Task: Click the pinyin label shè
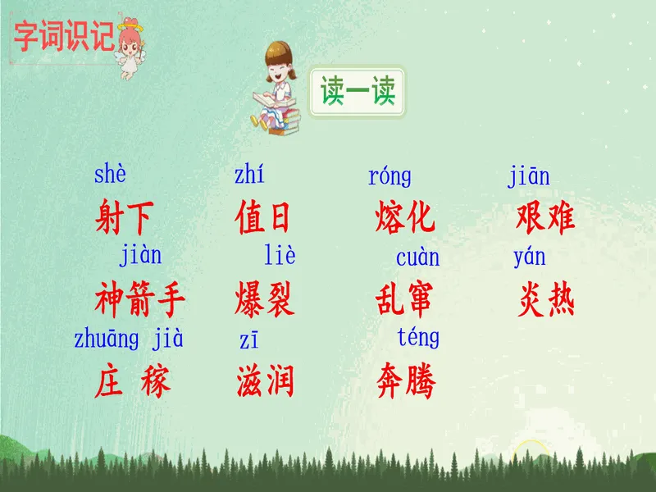[x=110, y=174]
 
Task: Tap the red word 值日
[x=262, y=216]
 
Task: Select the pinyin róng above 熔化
[x=389, y=176]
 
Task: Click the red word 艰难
[x=545, y=216]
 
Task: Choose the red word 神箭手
[x=139, y=298]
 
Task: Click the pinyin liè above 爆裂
[x=280, y=254]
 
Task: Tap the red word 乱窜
[x=403, y=298]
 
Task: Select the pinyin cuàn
[x=417, y=257]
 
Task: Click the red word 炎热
[x=546, y=298]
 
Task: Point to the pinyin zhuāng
[x=107, y=339]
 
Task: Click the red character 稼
[x=155, y=380]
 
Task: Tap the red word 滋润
[x=265, y=380]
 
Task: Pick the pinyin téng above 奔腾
[x=418, y=337]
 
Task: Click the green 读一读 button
[x=357, y=92]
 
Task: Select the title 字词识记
[x=64, y=37]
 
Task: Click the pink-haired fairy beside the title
[x=130, y=48]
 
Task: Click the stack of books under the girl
[x=285, y=121]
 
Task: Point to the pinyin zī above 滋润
[x=249, y=339]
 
